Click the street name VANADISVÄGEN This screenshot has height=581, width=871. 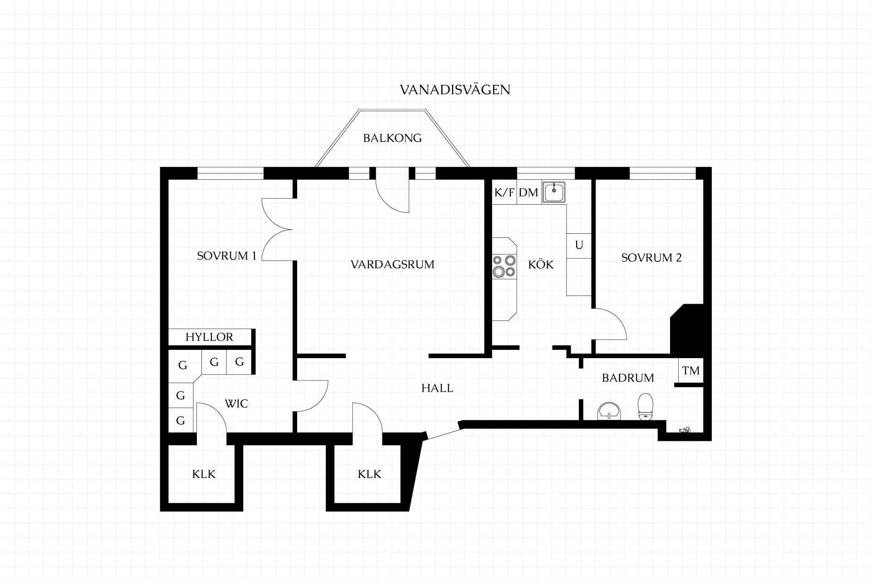[455, 89]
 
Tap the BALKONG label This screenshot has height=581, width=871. [392, 138]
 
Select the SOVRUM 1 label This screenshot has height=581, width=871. [226, 256]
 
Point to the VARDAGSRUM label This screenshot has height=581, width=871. [392, 264]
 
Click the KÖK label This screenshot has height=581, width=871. [541, 264]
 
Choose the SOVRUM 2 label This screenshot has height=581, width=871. [651, 258]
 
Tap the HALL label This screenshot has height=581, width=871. [437, 388]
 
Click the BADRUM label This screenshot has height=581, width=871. [628, 378]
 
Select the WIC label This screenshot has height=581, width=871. [236, 404]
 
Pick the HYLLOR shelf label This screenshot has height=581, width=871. [209, 337]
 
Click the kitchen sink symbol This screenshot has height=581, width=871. [554, 192]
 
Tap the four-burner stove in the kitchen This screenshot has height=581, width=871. [504, 266]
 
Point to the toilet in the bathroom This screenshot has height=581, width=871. [645, 406]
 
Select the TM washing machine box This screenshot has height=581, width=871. [691, 371]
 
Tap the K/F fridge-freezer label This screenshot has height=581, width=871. [504, 192]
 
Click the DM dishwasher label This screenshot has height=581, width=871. [528, 192]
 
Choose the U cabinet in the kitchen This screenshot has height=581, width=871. [579, 246]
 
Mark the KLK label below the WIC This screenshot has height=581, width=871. [204, 474]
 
